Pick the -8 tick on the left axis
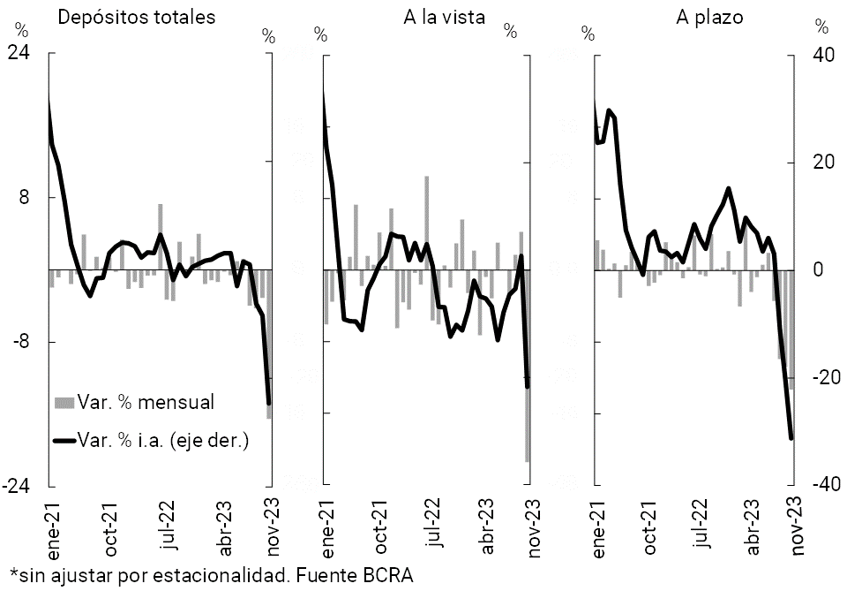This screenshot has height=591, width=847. coord(32,342)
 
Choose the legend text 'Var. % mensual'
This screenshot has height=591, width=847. coord(147,402)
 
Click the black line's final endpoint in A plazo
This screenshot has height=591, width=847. coord(791,438)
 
